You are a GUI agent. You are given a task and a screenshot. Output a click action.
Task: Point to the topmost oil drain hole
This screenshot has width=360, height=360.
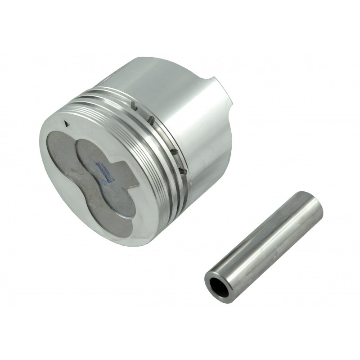click(x=134, y=105)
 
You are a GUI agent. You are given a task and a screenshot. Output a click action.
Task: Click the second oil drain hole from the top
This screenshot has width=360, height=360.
click(x=152, y=120)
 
